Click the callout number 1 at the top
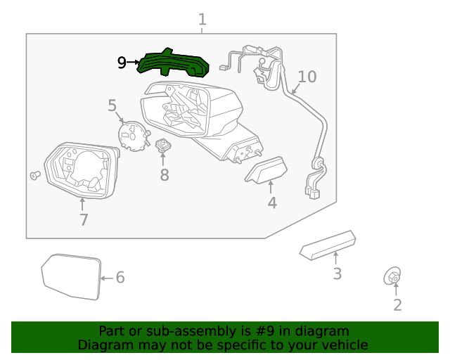[202, 20]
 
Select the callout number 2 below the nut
[397, 304]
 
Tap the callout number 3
[337, 274]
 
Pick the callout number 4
[271, 203]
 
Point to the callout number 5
[112, 105]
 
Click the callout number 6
[120, 278]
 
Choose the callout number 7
[83, 219]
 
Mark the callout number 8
[164, 175]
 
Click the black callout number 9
[122, 63]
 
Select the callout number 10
[307, 76]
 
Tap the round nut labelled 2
[392, 278]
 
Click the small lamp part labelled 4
[266, 170]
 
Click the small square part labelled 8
[165, 146]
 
